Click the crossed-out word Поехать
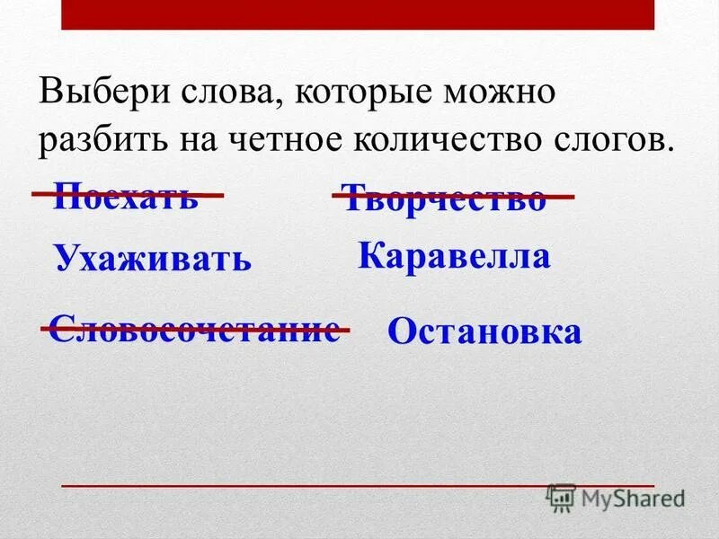coord(126,195)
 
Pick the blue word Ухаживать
coord(152,259)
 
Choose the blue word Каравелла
coord(454,257)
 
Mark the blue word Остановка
coord(484,332)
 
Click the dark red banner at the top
coord(359,14)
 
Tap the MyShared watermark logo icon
coord(561,498)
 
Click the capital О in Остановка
coord(401,332)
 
